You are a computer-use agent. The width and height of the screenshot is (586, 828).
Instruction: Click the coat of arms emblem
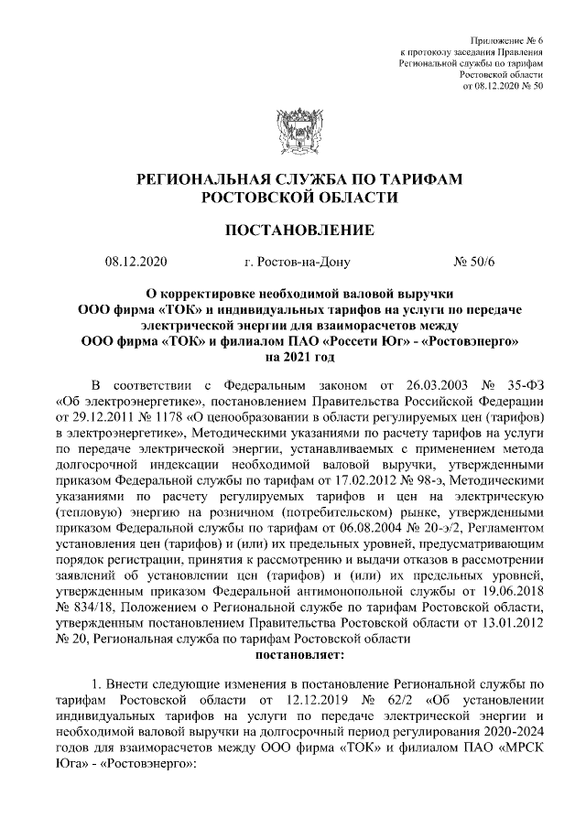coord(293,128)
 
